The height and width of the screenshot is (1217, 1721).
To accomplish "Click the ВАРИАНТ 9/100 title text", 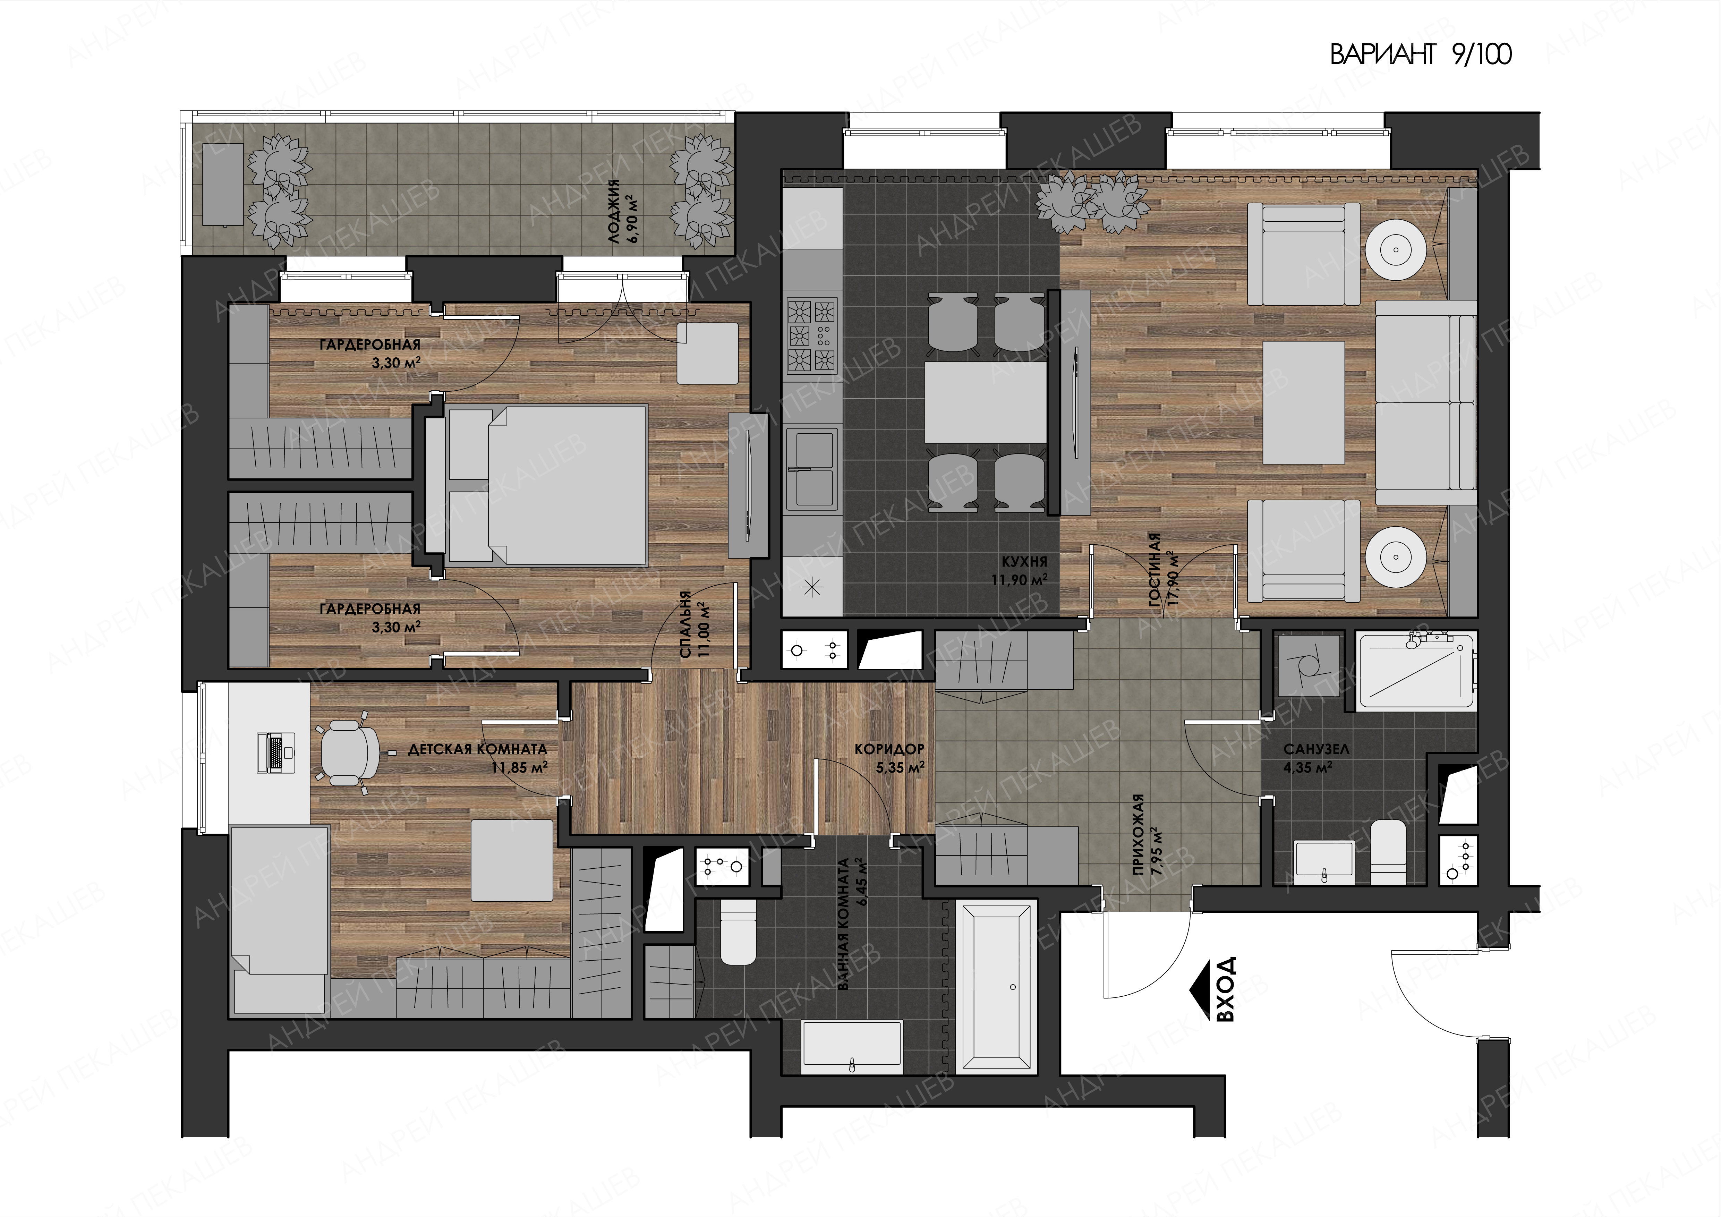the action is click(x=1421, y=55).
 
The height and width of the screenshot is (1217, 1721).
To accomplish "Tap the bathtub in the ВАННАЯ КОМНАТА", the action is click(x=997, y=988).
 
